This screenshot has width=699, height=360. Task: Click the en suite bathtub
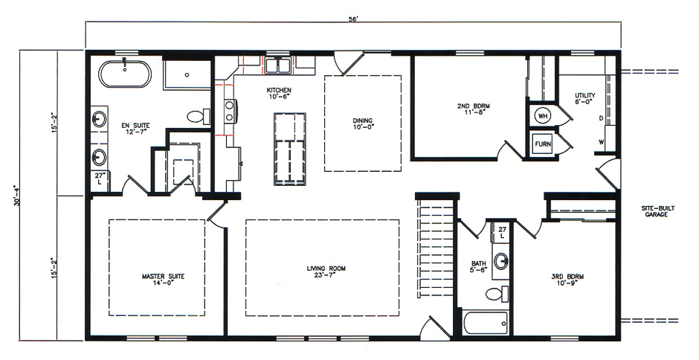pos(126,74)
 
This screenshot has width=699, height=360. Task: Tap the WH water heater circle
pos(542,116)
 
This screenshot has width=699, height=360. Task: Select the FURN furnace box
pos(542,144)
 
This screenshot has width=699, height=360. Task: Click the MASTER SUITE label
pos(163,279)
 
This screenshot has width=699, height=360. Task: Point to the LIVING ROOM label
pos(326,271)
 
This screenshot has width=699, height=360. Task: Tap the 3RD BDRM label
pos(567,280)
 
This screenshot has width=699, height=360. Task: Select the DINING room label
pos(363,124)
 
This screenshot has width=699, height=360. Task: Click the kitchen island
pos(289,148)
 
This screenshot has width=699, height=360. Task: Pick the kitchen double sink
pos(277,66)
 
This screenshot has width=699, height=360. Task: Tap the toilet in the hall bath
pos(495,294)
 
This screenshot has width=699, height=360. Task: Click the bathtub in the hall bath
pos(485,323)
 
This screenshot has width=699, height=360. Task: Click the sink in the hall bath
pos(502,261)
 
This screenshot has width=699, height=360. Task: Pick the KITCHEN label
pos(280,94)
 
